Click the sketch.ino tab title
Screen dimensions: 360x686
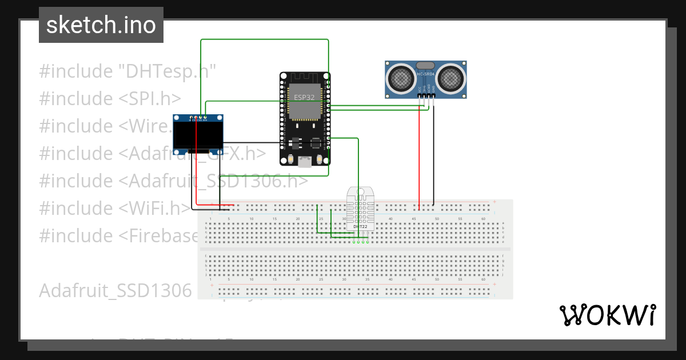(101, 25)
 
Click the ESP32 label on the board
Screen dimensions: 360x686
(304, 97)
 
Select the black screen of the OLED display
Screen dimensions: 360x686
(198, 135)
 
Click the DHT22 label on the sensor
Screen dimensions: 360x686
(360, 227)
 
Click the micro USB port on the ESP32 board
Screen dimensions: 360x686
(305, 162)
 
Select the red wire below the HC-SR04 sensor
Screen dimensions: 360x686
(420, 160)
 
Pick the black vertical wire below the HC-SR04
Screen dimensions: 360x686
(433, 160)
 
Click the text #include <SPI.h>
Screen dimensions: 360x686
(110, 98)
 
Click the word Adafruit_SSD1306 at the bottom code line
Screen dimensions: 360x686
(115, 290)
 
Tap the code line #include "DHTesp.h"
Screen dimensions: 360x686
(127, 71)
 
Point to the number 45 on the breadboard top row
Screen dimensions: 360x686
(414, 218)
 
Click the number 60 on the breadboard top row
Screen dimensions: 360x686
(483, 218)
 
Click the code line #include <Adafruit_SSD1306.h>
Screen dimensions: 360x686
(174, 181)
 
